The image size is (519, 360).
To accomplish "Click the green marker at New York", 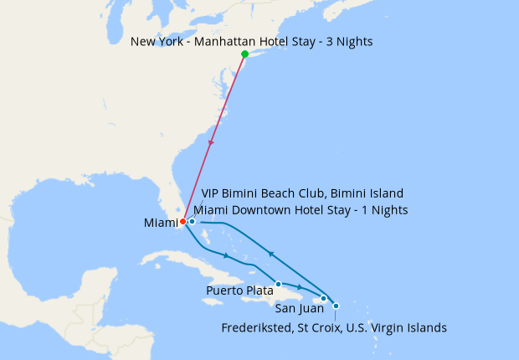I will tap(244, 54).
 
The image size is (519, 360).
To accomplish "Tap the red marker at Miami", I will tap(183, 222).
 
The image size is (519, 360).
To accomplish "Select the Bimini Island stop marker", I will tap(192, 222).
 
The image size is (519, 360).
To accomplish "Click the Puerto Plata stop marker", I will tap(278, 284).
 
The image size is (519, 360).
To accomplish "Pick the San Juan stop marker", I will tap(324, 298).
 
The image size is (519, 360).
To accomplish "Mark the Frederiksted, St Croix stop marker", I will tap(336, 306).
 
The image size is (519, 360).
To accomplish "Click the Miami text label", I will tap(161, 223).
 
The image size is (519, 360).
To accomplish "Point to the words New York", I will tap(157, 41).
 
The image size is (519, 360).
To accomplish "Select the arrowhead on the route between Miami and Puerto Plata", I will tap(226, 255).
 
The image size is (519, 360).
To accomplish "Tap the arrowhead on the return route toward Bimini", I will tap(270, 252).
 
